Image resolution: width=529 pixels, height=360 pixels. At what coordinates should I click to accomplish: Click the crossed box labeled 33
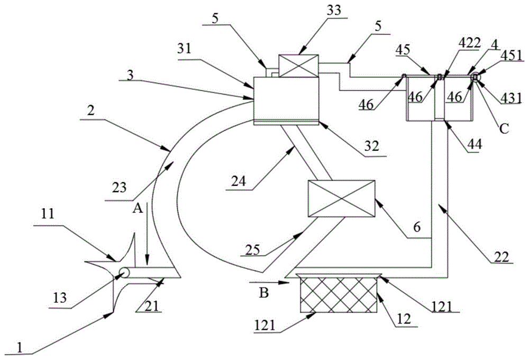298,66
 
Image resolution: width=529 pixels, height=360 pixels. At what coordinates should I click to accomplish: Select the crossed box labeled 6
342,199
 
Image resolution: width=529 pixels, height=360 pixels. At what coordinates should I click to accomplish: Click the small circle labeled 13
124,272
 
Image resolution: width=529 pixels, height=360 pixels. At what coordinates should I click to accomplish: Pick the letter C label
504,129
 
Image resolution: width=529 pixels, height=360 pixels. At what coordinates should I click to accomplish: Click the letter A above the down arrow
138,209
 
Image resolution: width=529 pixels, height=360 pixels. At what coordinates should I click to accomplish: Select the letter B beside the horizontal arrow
263,293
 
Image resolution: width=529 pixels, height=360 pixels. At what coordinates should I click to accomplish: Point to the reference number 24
239,182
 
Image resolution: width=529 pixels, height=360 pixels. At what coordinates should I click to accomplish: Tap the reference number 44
475,144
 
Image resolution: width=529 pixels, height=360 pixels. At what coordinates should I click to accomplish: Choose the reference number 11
48,213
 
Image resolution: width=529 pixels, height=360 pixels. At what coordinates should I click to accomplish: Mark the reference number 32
371,146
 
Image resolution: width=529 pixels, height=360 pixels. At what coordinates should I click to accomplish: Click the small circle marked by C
476,77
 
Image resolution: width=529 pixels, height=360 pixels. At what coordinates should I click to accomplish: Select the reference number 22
501,257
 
